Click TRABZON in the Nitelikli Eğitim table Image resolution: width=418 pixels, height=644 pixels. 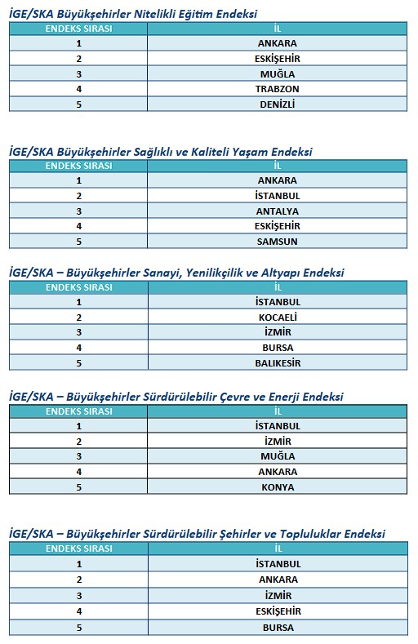coord(277,88)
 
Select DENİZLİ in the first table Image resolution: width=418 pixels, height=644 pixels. coord(277,104)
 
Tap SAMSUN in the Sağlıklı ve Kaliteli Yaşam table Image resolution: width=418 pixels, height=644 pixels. coord(277,241)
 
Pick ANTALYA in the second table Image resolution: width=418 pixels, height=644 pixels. coord(277,211)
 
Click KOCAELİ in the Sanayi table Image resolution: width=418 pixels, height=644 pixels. coord(277,318)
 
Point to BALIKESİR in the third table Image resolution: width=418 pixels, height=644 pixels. coord(277,363)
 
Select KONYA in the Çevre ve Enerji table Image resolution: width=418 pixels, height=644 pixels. coord(277,487)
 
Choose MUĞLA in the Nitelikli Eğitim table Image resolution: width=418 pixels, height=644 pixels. coord(277,73)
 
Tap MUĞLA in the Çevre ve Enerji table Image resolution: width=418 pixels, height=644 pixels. coord(277,456)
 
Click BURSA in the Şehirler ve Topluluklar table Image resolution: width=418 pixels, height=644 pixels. coord(277,628)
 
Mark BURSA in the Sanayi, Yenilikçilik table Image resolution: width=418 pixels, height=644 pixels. coord(277,348)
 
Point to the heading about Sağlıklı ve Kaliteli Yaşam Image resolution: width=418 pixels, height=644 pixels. coord(160,151)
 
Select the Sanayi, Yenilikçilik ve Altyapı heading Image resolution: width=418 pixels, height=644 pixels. coord(176,273)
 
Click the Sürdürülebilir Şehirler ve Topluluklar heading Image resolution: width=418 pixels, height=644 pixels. coord(196,534)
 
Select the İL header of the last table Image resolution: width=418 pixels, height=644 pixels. coord(277,549)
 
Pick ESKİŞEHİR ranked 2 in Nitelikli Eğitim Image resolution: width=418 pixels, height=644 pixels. coord(277,58)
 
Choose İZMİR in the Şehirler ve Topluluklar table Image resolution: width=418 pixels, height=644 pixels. coord(277,595)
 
